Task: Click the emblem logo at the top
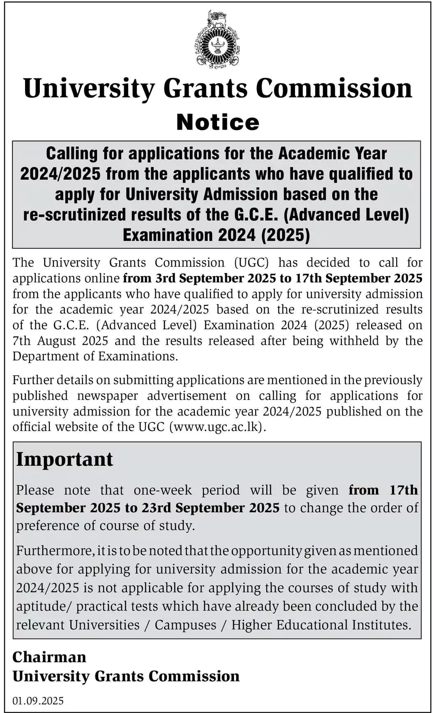(x=217, y=40)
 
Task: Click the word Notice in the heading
(x=218, y=122)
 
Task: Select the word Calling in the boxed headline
(x=72, y=154)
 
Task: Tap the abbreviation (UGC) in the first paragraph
(x=251, y=263)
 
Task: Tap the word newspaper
(x=107, y=396)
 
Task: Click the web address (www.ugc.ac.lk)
(x=218, y=427)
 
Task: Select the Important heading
(x=65, y=459)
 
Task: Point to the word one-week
(x=163, y=490)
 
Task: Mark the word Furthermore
(x=55, y=551)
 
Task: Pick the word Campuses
(x=185, y=625)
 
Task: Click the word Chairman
(x=49, y=657)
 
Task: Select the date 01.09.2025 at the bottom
(x=38, y=700)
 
